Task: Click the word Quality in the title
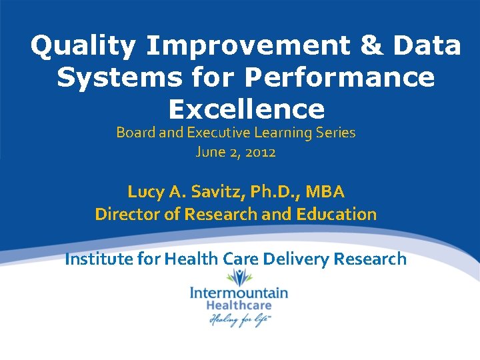pos(83,46)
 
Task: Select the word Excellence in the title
pos(247,109)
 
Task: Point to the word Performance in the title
pos(340,78)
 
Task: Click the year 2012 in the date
pos(260,152)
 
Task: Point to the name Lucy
pos(145,192)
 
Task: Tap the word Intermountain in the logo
pos(239,293)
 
